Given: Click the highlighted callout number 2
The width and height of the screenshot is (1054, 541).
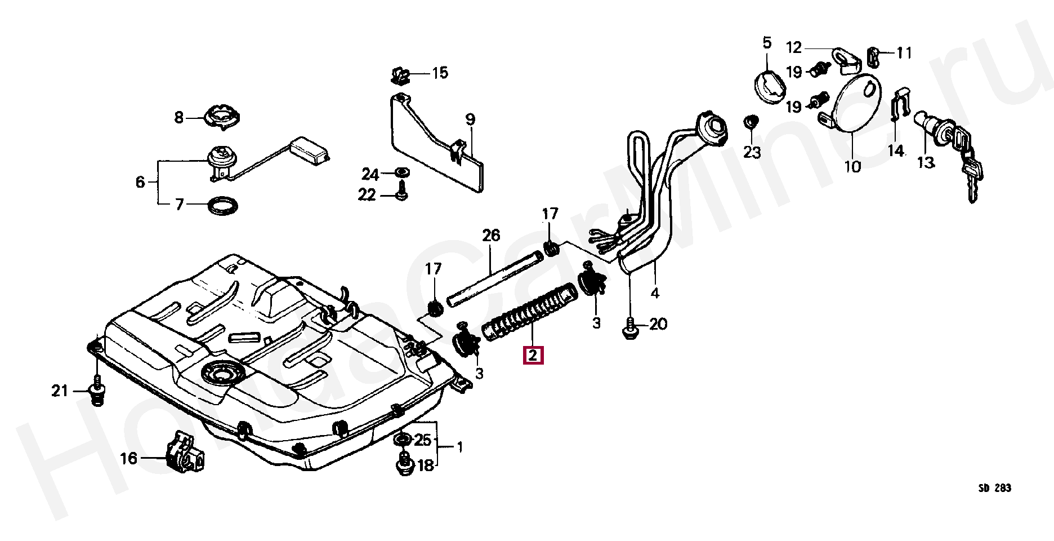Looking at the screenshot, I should pyautogui.click(x=533, y=356).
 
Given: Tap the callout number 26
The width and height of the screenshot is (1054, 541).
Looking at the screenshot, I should pyautogui.click(x=491, y=236).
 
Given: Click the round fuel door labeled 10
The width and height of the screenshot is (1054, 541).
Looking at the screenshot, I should pyautogui.click(x=854, y=104).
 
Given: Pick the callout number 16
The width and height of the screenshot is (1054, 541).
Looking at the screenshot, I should pyautogui.click(x=129, y=458).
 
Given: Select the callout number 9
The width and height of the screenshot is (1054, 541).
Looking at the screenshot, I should pyautogui.click(x=470, y=119).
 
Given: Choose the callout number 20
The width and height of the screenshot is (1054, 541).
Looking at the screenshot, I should pyautogui.click(x=658, y=324).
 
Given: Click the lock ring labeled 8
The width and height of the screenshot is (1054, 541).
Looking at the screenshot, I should pyautogui.click(x=222, y=117).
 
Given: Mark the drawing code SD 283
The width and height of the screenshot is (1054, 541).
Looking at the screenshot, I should pyautogui.click(x=994, y=488).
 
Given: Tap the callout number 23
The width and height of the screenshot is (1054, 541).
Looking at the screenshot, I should pyautogui.click(x=752, y=152).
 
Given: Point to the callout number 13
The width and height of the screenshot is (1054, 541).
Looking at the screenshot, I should pyautogui.click(x=925, y=162).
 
